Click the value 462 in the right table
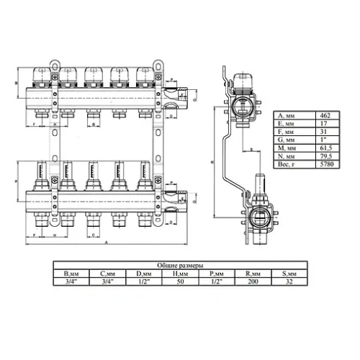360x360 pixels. (326, 114)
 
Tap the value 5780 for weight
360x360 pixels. (326, 165)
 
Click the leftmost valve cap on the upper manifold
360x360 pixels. (41, 73)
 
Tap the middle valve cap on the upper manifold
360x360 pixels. (93, 73)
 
